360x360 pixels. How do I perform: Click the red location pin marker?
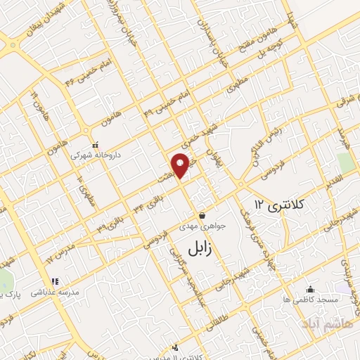coord(181,164)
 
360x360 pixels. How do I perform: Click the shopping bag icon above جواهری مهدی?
coord(202,215)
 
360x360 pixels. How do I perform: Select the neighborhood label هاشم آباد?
coord(321,323)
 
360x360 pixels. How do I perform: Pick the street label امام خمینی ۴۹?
coord(157,105)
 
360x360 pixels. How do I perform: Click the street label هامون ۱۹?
coord(33,105)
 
